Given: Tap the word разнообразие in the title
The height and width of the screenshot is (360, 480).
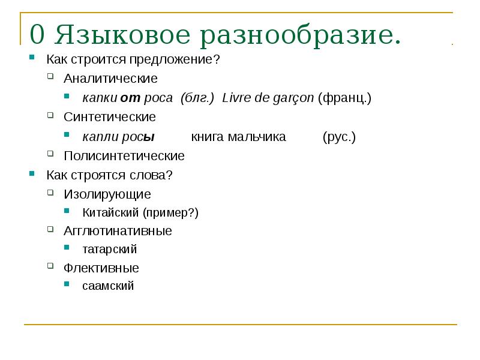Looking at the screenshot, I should (x=301, y=35).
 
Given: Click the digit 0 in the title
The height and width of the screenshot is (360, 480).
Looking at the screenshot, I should (x=37, y=35).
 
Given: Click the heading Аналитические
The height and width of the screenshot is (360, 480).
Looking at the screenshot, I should (x=111, y=79).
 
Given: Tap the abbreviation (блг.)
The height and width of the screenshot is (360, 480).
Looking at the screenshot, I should (x=197, y=98).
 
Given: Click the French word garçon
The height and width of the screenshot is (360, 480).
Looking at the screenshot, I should (x=292, y=98).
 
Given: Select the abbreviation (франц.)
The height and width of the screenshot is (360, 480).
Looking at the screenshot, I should (x=344, y=98).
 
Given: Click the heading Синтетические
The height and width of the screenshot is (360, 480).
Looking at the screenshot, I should (x=110, y=116).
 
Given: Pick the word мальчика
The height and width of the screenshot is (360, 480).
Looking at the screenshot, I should (x=257, y=137).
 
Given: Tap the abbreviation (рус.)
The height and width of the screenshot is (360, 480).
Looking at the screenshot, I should (x=339, y=137).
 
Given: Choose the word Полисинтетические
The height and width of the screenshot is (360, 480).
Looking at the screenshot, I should (x=124, y=156).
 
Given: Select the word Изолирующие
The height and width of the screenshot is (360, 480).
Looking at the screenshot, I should (x=107, y=194).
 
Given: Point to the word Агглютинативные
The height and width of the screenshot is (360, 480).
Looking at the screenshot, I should (x=118, y=231).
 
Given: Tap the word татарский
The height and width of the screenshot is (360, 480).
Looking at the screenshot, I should (x=110, y=249).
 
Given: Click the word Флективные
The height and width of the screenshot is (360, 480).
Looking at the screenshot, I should (x=101, y=268).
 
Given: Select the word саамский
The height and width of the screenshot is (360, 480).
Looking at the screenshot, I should (x=108, y=286).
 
